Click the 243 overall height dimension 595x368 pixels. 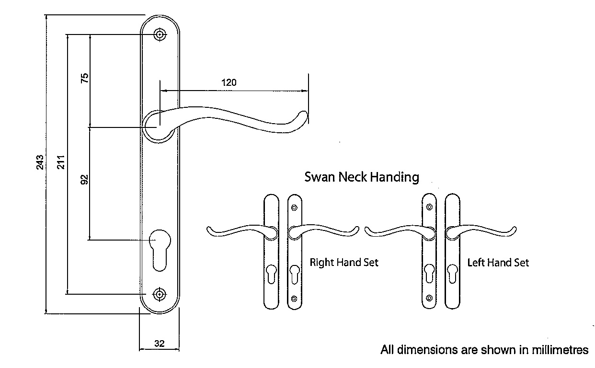[41, 161]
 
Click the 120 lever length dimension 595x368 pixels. [229, 82]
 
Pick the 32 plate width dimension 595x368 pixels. [160, 343]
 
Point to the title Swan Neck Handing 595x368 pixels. [362, 177]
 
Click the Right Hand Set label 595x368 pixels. [344, 263]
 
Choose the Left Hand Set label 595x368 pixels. [498, 263]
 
